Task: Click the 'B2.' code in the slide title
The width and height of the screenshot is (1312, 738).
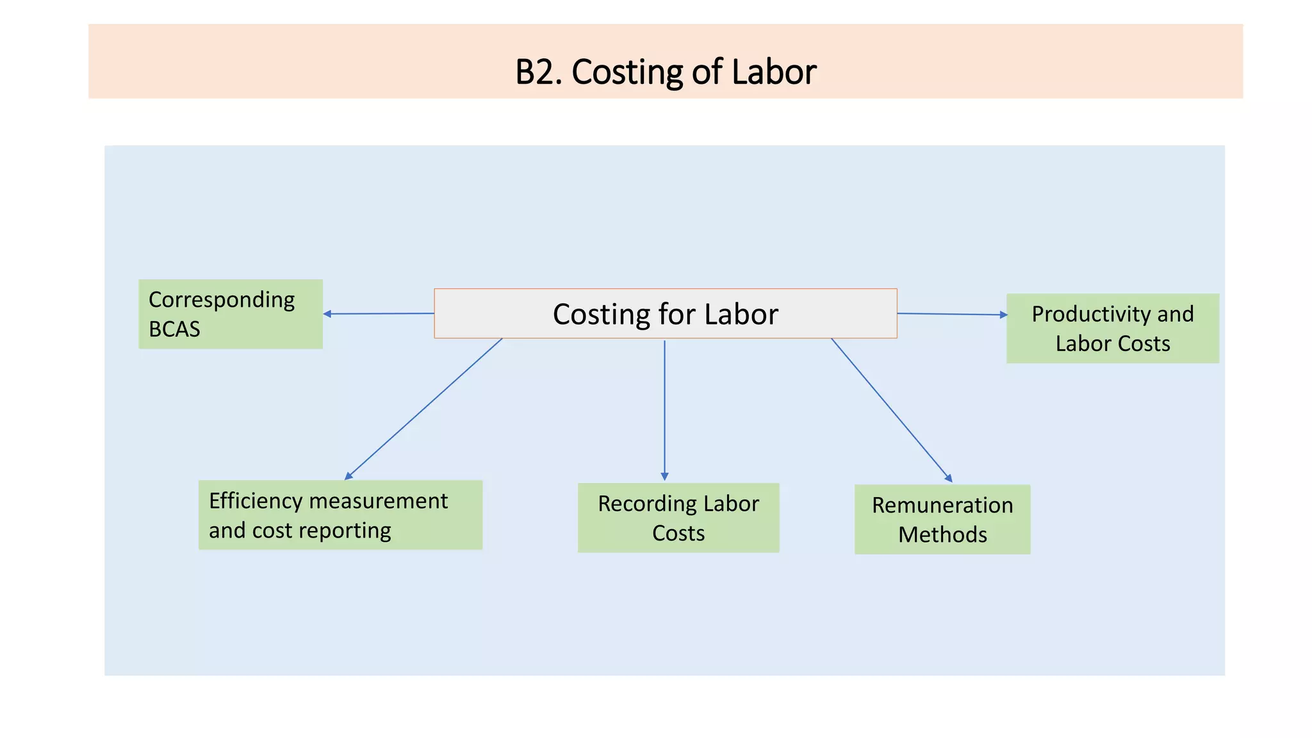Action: tap(539, 72)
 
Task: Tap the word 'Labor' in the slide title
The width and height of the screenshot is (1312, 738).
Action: tap(774, 72)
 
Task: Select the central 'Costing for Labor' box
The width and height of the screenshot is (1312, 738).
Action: tap(666, 313)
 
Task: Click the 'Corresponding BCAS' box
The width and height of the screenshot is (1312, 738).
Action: tap(231, 314)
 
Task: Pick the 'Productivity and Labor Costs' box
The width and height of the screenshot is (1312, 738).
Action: tap(1113, 329)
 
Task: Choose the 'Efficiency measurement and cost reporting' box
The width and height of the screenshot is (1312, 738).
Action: tap(340, 515)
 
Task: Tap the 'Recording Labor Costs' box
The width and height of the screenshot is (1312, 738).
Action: tap(678, 518)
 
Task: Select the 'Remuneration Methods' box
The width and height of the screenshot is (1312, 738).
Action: tap(942, 520)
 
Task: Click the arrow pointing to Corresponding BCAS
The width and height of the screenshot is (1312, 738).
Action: tap(379, 314)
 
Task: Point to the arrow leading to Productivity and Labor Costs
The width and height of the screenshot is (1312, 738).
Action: tap(953, 314)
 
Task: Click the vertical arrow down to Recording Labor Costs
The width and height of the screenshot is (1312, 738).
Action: tap(664, 410)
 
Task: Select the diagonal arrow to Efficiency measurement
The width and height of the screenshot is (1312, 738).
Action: tap(423, 409)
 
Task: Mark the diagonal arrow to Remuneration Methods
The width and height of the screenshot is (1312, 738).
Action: tap(892, 410)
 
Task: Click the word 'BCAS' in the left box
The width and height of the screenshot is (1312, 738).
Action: tap(174, 329)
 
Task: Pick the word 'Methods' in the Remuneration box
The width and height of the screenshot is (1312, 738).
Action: tap(942, 534)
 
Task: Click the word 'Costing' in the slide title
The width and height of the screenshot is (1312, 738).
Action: tap(627, 72)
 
